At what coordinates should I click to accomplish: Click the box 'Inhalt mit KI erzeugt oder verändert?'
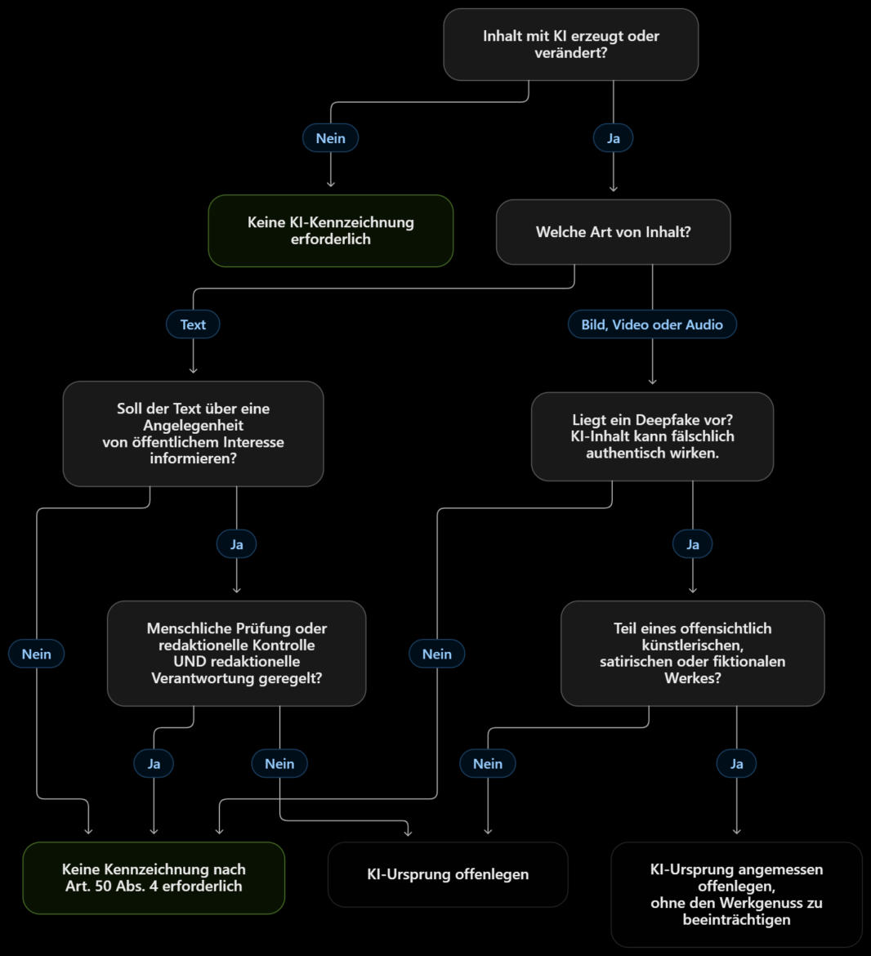(x=570, y=44)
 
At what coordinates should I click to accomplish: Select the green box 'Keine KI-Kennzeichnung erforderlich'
(x=331, y=231)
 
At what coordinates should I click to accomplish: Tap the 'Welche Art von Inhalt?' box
(x=613, y=232)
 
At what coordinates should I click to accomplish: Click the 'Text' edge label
(x=193, y=324)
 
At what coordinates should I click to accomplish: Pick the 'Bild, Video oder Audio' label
(x=652, y=324)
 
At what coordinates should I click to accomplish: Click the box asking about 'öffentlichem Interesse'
(x=193, y=434)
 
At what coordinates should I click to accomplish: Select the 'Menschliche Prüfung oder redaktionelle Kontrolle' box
(x=236, y=653)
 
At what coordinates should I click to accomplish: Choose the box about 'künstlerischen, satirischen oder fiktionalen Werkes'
(x=692, y=653)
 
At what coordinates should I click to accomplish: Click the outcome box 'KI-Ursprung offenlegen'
(x=448, y=874)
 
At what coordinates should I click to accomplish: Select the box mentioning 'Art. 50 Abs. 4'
(x=154, y=878)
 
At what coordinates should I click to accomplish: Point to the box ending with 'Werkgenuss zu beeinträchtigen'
(x=736, y=895)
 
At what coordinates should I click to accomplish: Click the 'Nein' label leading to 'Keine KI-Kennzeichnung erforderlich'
(x=330, y=138)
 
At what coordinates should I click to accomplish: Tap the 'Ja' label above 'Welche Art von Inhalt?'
(x=613, y=138)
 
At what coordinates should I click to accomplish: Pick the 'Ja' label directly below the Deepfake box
(x=692, y=544)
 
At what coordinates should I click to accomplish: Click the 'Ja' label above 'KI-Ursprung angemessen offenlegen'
(x=736, y=763)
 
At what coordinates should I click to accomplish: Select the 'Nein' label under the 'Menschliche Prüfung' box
(x=279, y=763)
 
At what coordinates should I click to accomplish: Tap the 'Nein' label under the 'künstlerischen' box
(x=488, y=763)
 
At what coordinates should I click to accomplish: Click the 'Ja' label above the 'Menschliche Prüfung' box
(x=236, y=544)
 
